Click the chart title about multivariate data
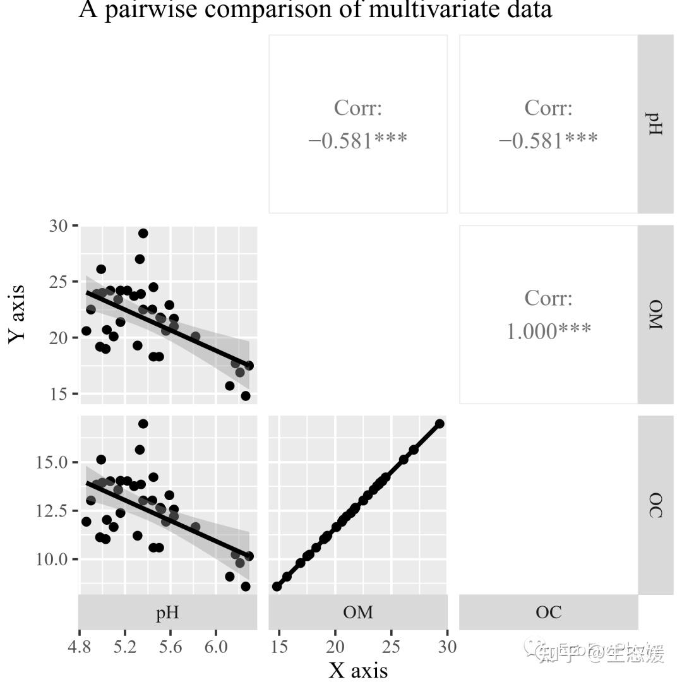pyautogui.click(x=315, y=10)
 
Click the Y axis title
pyautogui.click(x=18, y=314)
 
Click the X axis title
pyautogui.click(x=358, y=669)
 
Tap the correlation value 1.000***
pyautogui.click(x=548, y=330)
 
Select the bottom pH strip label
pyautogui.click(x=167, y=612)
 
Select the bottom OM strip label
pyautogui.click(x=358, y=612)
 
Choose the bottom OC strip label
pyautogui.click(x=548, y=612)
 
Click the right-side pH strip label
pyautogui.click(x=655, y=124)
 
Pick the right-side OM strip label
pyautogui.click(x=655, y=314)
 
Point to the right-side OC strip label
pyautogui.click(x=655, y=505)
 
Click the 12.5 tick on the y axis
pyautogui.click(x=53, y=511)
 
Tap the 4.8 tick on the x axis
pyautogui.click(x=80, y=647)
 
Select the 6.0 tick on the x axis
pyautogui.click(x=216, y=647)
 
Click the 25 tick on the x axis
pyautogui.click(x=392, y=647)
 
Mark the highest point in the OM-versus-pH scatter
pyautogui.click(x=143, y=234)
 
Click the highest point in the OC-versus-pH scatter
pyautogui.click(x=143, y=424)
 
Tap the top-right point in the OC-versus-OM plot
pyautogui.click(x=440, y=424)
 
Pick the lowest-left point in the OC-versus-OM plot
pyautogui.click(x=277, y=587)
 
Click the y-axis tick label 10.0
pyautogui.click(x=53, y=559)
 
